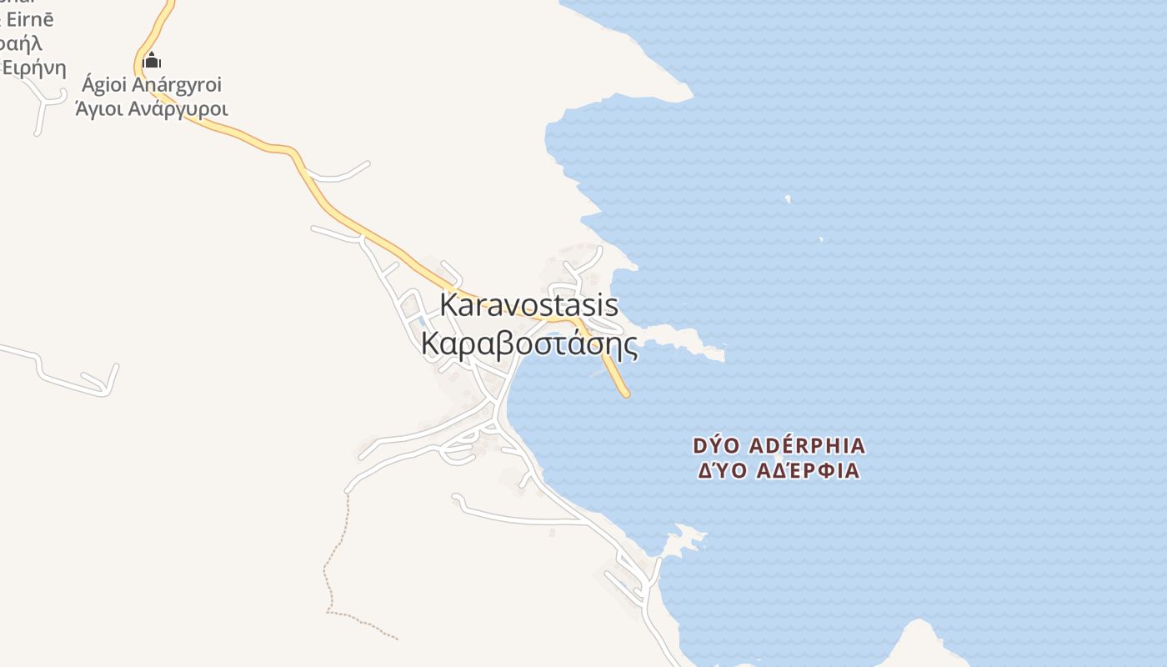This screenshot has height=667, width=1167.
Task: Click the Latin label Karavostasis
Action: pyautogui.click(x=528, y=305)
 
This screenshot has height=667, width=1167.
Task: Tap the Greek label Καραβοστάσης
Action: pyautogui.click(x=528, y=344)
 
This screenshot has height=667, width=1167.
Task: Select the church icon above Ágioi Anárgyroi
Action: pyautogui.click(x=152, y=60)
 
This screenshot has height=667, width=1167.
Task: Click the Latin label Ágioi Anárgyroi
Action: pyautogui.click(x=152, y=85)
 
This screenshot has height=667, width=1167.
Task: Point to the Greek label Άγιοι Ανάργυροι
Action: pyautogui.click(x=152, y=108)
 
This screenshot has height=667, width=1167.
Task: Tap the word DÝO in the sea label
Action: pyautogui.click(x=715, y=446)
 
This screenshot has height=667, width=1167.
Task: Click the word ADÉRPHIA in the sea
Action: pyautogui.click(x=804, y=446)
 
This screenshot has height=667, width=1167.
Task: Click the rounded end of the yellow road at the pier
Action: pyautogui.click(x=625, y=393)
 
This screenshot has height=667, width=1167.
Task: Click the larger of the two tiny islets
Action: pyautogui.click(x=788, y=198)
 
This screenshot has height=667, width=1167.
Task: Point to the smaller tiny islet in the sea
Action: pyautogui.click(x=821, y=239)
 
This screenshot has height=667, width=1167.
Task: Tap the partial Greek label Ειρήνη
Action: pyautogui.click(x=35, y=67)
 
